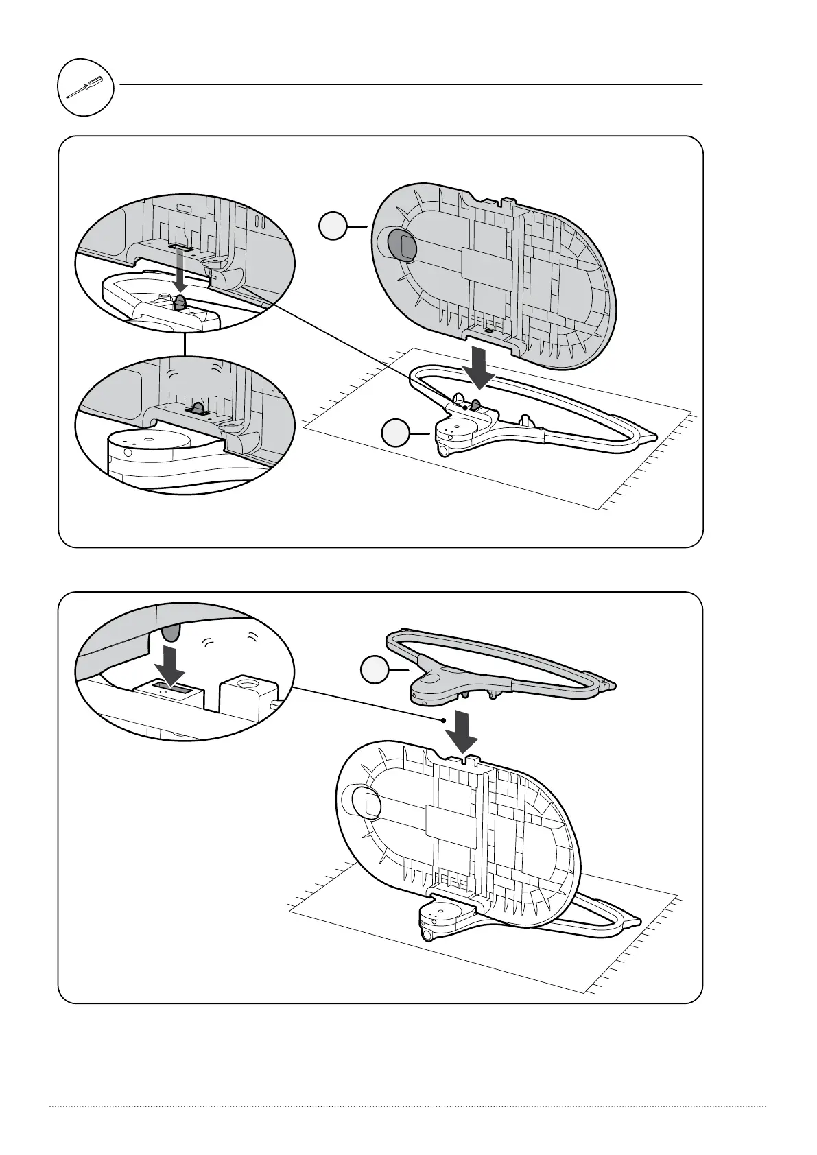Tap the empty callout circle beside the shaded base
(x=333, y=226)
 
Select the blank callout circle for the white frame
(x=396, y=435)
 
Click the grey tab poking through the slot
(x=198, y=409)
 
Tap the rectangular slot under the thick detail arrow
(x=168, y=686)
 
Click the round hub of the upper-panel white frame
(x=454, y=430)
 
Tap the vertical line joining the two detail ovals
(x=185, y=343)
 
